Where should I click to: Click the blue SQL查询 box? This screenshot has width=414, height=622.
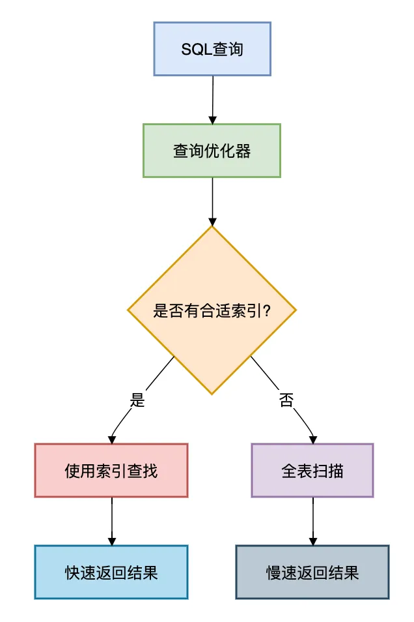[x=212, y=49]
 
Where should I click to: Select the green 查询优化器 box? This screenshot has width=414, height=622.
[x=212, y=151]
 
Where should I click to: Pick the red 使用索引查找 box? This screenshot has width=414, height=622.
[x=111, y=470]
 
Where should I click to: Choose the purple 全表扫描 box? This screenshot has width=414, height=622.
[x=312, y=470]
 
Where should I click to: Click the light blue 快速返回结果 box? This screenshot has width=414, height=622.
[x=111, y=572]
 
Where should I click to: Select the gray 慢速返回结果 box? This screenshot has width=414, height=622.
[x=312, y=572]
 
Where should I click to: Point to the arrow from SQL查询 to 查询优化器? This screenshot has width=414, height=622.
[x=213, y=98]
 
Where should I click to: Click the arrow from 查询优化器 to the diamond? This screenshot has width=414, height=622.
[x=212, y=200]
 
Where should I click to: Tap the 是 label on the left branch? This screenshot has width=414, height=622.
[x=137, y=400]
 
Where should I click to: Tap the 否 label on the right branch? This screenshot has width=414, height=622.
[x=286, y=400]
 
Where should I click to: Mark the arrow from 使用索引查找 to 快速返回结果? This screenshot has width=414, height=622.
[x=111, y=520]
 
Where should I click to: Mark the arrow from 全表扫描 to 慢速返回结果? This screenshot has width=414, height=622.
[x=313, y=520]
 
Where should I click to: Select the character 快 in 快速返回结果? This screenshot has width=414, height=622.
[x=72, y=572]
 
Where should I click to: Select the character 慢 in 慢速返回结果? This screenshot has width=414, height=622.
[x=273, y=572]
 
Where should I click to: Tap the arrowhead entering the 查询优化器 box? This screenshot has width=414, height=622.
[x=212, y=120]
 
